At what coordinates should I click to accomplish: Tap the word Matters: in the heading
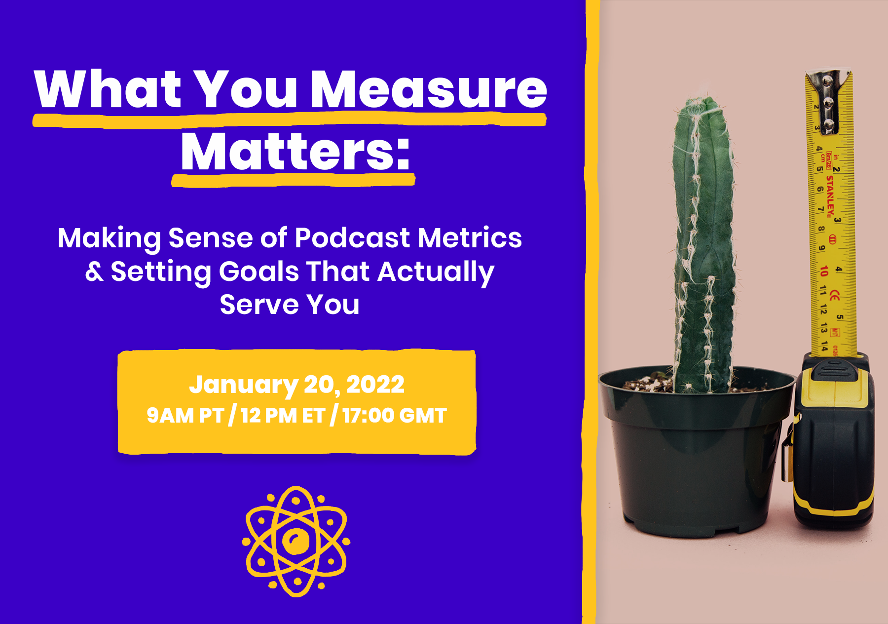(296, 151)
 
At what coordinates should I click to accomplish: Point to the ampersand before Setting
(94, 272)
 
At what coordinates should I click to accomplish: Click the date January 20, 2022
(296, 385)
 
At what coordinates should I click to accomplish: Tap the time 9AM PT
(185, 416)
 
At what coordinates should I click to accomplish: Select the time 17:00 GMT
(395, 416)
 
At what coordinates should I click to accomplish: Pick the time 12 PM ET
(283, 416)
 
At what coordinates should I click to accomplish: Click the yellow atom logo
(296, 542)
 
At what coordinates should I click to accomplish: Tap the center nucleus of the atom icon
(296, 542)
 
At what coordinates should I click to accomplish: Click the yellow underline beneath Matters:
(293, 180)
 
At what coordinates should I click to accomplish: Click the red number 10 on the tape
(823, 271)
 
